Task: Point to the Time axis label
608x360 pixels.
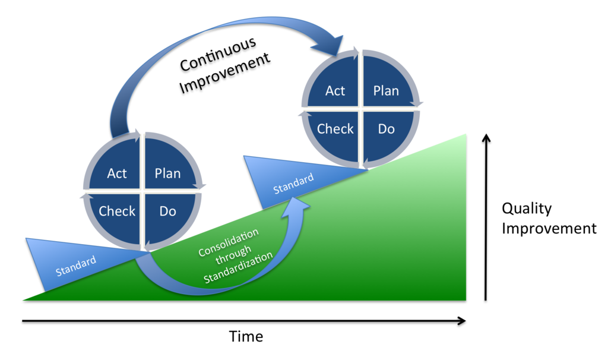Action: pos(246,337)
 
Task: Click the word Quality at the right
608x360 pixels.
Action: pos(527,209)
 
